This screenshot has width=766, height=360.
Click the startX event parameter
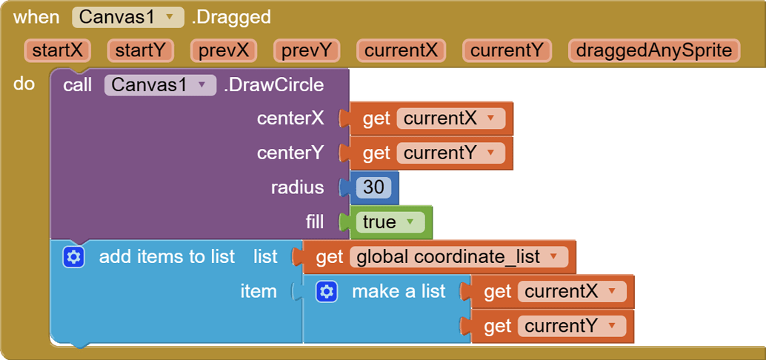pyautogui.click(x=58, y=51)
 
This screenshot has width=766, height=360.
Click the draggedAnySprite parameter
pyautogui.click(x=654, y=51)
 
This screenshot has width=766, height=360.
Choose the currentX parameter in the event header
pyautogui.click(x=401, y=51)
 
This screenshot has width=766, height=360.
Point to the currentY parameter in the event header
pyautogui.click(x=507, y=51)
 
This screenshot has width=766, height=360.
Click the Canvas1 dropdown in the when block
pyautogui.click(x=128, y=17)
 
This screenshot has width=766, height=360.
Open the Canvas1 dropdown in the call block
pyautogui.click(x=160, y=85)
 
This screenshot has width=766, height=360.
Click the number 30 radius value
pyautogui.click(x=373, y=187)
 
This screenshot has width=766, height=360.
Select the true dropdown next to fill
pyautogui.click(x=387, y=222)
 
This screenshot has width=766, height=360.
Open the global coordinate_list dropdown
pyautogui.click(x=459, y=256)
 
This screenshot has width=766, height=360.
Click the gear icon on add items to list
pyautogui.click(x=74, y=257)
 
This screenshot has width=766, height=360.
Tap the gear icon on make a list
pyautogui.click(x=327, y=292)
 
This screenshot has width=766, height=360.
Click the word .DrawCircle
pyautogui.click(x=273, y=85)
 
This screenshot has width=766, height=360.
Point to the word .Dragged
pyautogui.click(x=231, y=18)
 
